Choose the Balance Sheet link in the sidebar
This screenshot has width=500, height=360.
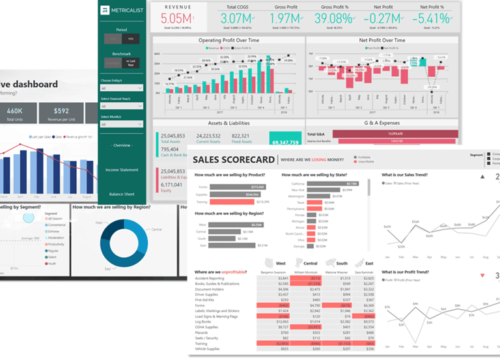coord(122,194)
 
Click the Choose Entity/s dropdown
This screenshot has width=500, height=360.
coord(122,88)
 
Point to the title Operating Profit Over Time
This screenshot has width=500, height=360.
coord(229,40)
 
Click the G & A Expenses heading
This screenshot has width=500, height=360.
coord(382,122)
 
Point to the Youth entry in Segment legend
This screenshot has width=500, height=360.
coord(53,264)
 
